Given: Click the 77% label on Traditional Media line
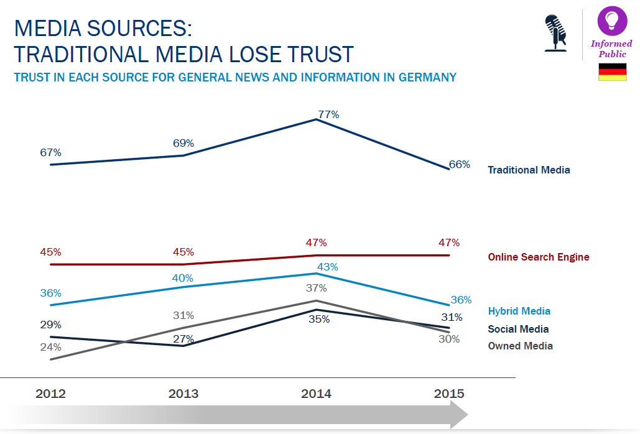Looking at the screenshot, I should click(328, 114).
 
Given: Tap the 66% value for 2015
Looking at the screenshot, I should click(459, 165).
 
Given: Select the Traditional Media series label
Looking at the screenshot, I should click(529, 170).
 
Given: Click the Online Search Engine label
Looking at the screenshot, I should click(538, 257).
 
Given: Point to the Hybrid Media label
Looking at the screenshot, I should click(519, 311).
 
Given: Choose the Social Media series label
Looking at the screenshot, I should click(518, 329).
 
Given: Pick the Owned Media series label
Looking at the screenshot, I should click(520, 346).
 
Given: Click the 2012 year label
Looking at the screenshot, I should click(51, 394).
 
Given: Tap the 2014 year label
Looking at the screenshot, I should click(316, 394).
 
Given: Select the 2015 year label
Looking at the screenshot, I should click(448, 394).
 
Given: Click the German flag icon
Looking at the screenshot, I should click(612, 72).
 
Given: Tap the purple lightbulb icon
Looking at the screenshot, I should click(612, 21).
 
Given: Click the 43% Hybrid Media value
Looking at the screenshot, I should click(328, 267).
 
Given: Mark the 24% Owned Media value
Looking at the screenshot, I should click(50, 347).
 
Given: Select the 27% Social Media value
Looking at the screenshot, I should click(183, 339).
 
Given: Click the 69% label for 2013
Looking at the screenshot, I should click(183, 143).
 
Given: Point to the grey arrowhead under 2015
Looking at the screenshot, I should click(459, 414).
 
